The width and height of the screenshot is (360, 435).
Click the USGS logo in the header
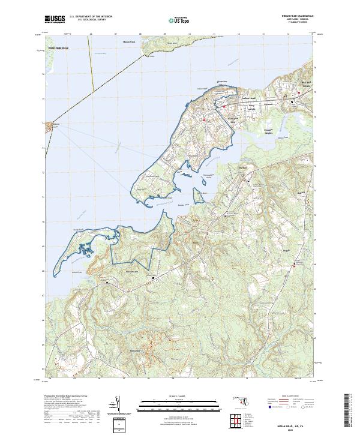click(55, 20)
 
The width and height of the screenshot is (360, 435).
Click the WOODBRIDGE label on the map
click(58, 47)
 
